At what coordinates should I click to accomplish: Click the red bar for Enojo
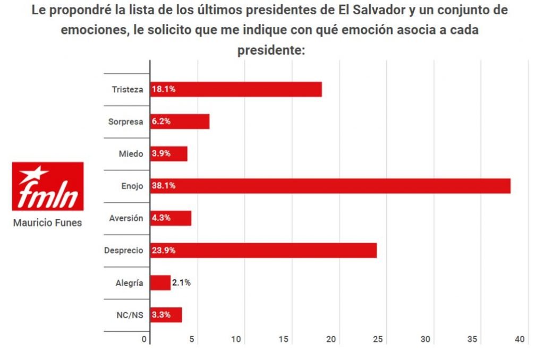click(330, 186)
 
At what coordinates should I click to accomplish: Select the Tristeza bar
click(236, 89)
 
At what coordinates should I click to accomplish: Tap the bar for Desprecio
click(263, 250)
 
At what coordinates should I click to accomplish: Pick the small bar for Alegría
click(160, 282)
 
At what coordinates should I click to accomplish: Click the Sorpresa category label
click(125, 122)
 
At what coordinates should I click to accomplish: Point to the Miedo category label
click(131, 153)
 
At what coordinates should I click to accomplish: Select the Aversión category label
click(126, 218)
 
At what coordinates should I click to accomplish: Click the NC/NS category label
click(130, 315)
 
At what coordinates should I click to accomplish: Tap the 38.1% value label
click(164, 186)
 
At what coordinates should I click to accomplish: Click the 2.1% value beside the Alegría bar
click(181, 282)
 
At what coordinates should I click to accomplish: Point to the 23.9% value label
click(164, 250)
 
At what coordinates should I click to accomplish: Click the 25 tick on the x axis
click(378, 339)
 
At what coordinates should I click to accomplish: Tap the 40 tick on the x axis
click(520, 339)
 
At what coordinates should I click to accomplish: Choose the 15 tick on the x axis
click(284, 339)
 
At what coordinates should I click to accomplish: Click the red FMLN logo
click(48, 186)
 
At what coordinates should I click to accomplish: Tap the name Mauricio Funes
click(47, 223)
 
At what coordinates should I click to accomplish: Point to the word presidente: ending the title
click(271, 50)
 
